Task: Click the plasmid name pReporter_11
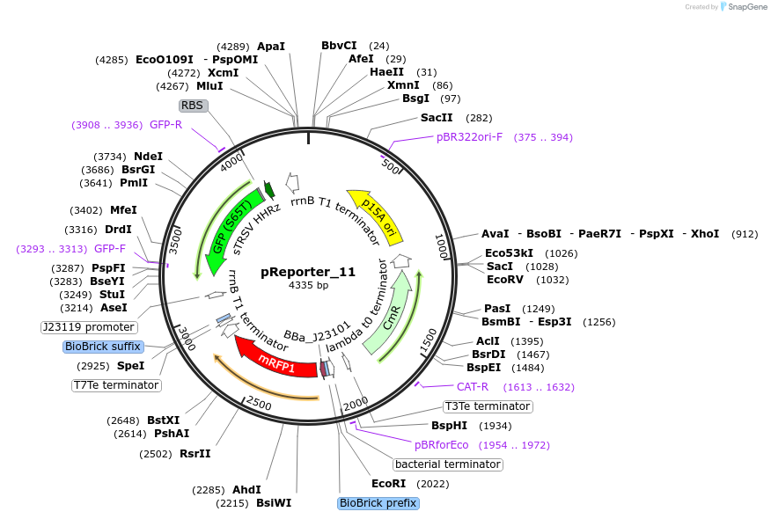click(x=308, y=272)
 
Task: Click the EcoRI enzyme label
click(x=388, y=484)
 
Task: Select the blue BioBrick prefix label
click(x=378, y=503)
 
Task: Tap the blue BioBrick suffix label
click(x=103, y=347)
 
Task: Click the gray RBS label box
click(x=192, y=106)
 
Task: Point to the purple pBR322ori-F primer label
click(x=469, y=137)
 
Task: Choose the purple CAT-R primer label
click(x=478, y=387)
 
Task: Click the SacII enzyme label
click(x=437, y=118)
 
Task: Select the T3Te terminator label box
click(x=488, y=406)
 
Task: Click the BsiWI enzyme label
click(x=274, y=503)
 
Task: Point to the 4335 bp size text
click(x=308, y=286)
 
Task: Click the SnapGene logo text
click(x=744, y=7)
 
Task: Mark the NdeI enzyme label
click(x=148, y=157)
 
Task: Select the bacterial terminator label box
click(x=448, y=464)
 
